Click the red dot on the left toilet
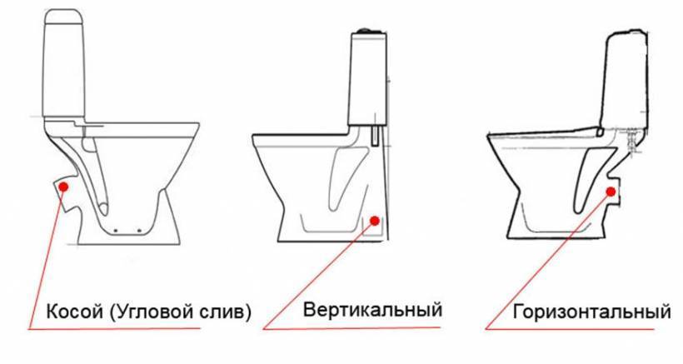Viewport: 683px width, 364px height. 64,187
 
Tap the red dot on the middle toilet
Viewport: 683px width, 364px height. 375,221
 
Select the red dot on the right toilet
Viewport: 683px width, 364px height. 611,191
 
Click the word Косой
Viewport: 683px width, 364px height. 74,312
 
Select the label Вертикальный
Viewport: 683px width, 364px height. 373,310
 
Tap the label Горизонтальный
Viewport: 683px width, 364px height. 591,312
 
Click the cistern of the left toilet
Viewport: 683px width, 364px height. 64,64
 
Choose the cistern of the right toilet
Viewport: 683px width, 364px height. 625,81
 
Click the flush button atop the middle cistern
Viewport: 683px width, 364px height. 366,31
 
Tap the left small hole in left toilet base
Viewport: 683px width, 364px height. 115,229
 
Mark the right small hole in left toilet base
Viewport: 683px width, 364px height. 139,229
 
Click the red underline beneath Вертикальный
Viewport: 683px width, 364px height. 351,328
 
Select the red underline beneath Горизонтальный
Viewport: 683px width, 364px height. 570,329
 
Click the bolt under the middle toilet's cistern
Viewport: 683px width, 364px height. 374,137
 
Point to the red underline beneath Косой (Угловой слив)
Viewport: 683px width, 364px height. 115,329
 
